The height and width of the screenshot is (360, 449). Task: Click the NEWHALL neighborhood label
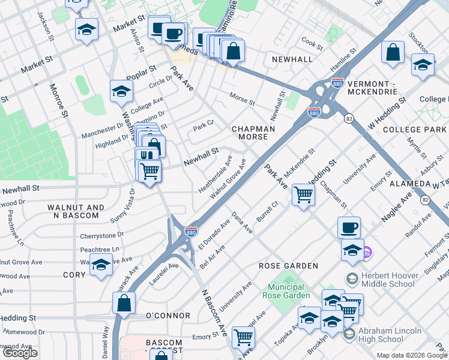click(x=292, y=59)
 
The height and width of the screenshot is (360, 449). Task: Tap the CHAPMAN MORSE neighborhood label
click(x=253, y=133)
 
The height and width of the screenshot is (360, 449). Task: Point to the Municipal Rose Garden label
click(x=286, y=290)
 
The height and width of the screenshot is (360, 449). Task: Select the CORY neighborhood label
click(x=75, y=274)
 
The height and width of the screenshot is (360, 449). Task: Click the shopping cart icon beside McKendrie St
click(x=304, y=194)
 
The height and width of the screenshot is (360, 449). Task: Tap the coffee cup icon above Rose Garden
click(x=349, y=228)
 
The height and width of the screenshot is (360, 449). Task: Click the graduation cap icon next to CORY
click(x=101, y=264)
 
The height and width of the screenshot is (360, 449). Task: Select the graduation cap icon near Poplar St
click(x=121, y=92)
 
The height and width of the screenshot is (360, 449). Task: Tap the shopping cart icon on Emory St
click(x=243, y=337)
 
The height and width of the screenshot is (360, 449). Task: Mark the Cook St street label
click(x=313, y=43)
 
